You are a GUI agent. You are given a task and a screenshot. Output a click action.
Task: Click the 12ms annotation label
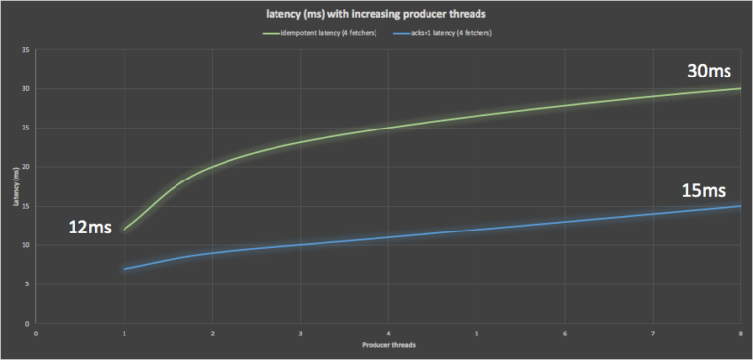coord(90,229)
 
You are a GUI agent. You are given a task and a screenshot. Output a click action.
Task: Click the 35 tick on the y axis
coord(25,49)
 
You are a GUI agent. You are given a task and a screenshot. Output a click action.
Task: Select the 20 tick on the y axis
coord(25,167)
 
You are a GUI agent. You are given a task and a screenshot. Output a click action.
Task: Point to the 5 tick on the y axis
coord(27,284)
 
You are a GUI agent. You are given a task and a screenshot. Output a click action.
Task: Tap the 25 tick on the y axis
coord(25,128)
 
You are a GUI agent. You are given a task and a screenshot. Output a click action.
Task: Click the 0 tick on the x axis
coord(36,334)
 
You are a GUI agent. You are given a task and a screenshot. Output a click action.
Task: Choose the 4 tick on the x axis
coord(388,334)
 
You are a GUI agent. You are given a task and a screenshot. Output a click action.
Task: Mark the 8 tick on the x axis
coord(740,334)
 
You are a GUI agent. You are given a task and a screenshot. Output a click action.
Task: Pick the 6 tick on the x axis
coord(565,334)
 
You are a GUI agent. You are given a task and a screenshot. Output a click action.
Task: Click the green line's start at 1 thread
coord(125,230)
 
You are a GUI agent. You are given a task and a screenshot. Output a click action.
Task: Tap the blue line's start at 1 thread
coord(125,269)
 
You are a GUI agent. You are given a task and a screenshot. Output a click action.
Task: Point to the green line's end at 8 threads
coord(739,88)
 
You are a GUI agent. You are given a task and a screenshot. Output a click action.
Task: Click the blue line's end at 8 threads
coord(739,206)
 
